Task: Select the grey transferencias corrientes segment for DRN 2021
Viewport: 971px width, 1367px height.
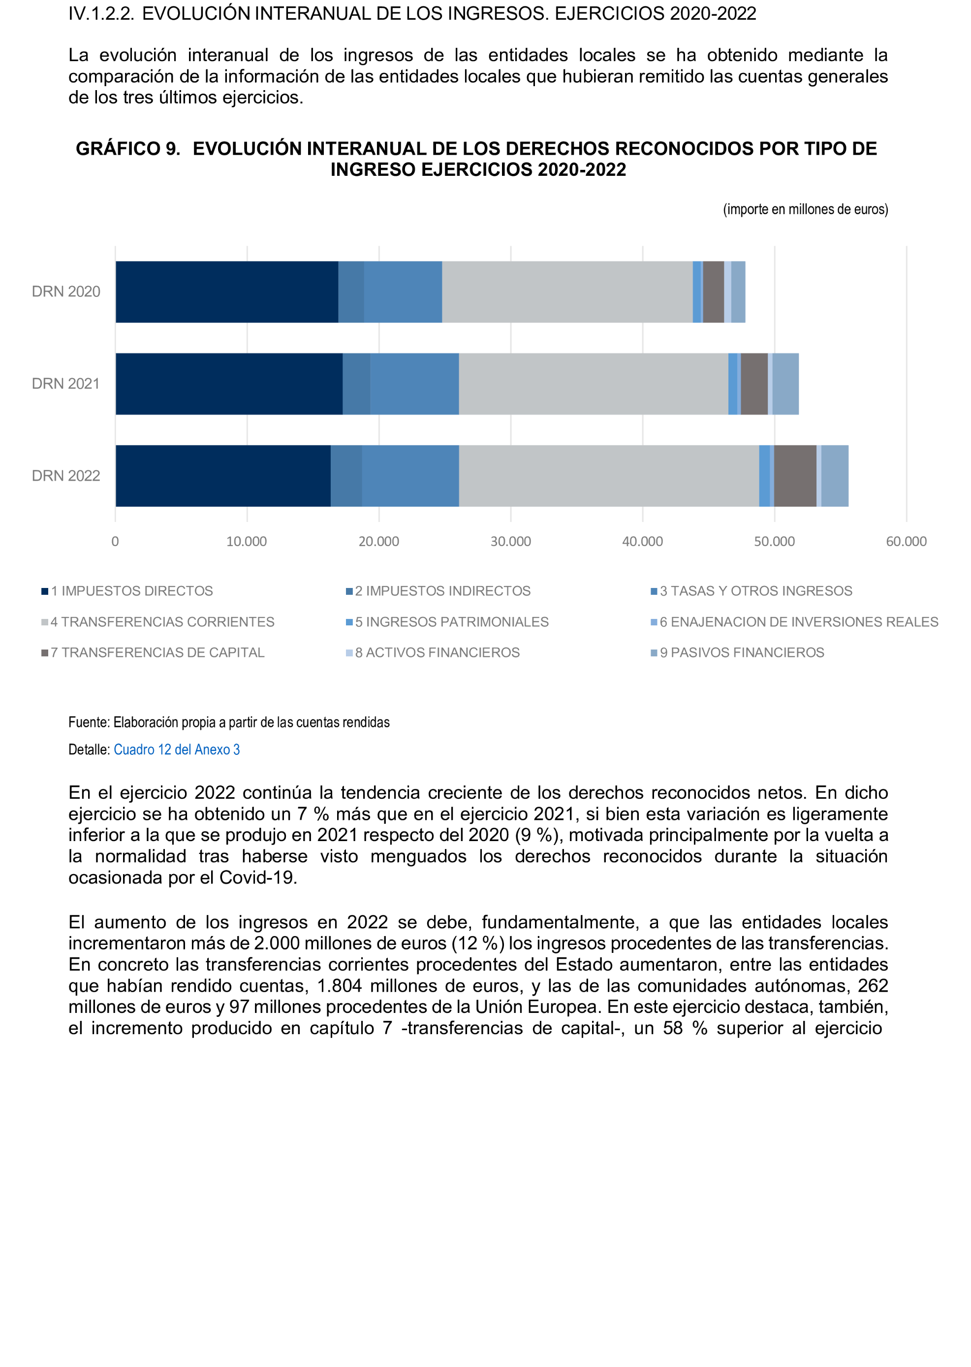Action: (593, 384)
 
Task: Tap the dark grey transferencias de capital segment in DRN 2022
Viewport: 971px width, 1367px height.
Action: (795, 476)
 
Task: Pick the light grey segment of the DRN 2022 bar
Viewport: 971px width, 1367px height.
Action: (609, 476)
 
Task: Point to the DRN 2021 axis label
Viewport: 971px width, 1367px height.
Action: (66, 384)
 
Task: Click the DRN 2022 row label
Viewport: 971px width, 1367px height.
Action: (66, 476)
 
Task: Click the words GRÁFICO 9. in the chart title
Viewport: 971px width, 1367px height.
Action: (128, 149)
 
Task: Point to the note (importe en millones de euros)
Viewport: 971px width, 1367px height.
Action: (805, 209)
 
